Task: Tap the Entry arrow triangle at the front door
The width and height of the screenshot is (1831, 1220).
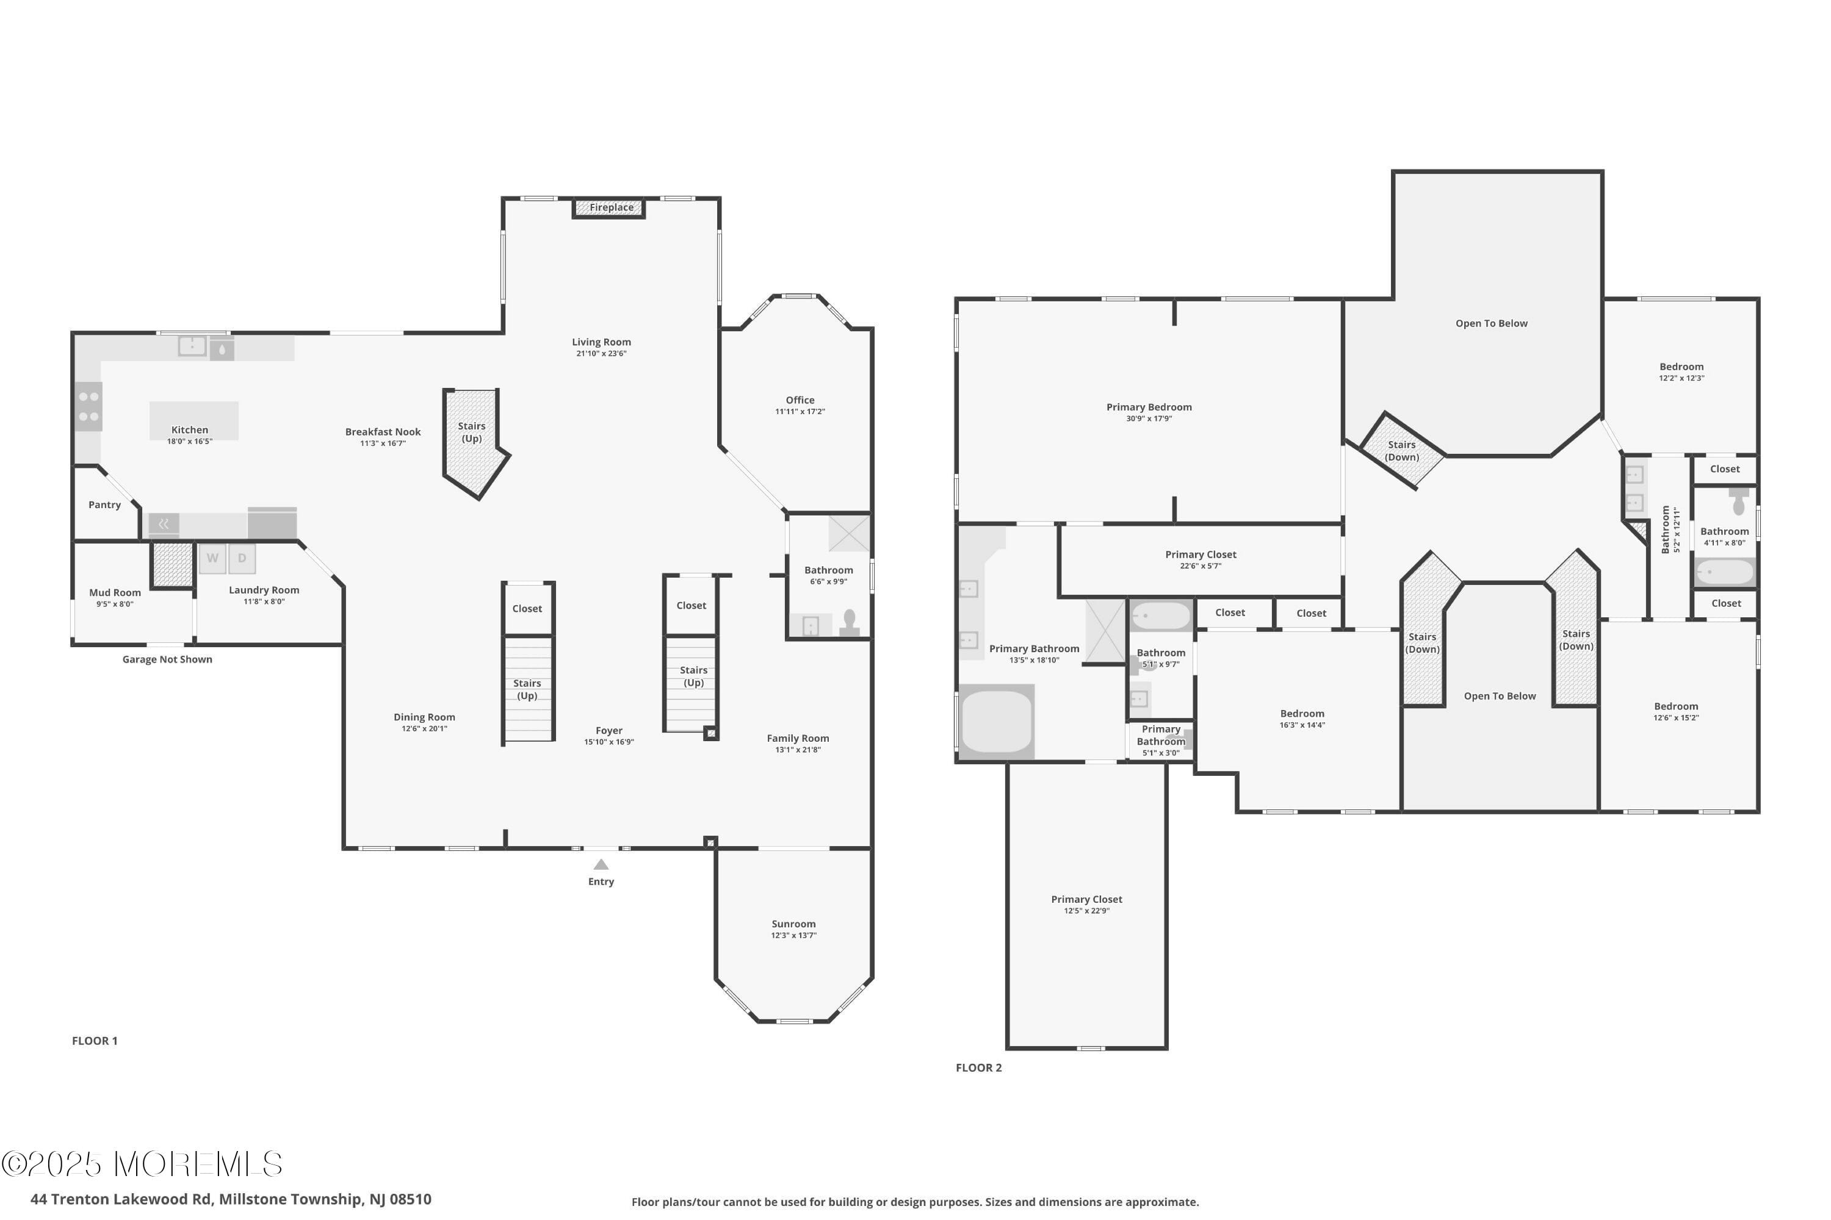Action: (601, 864)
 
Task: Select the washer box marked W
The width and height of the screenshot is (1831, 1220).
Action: (212, 559)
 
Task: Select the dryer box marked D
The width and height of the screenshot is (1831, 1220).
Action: (242, 559)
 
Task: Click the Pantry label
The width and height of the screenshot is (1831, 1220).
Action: (104, 505)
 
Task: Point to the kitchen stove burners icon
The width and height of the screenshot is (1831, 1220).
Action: (88, 407)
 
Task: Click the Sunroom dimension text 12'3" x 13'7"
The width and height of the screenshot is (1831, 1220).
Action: (793, 935)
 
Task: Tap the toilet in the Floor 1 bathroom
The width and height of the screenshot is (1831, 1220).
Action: (850, 622)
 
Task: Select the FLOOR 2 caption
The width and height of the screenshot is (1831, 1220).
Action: (978, 1067)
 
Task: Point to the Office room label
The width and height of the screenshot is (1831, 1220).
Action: (800, 401)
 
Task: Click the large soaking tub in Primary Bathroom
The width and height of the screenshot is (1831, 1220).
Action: (997, 722)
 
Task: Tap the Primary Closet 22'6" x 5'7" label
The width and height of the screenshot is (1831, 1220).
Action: (1201, 559)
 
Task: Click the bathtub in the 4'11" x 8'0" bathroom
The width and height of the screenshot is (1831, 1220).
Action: (1725, 573)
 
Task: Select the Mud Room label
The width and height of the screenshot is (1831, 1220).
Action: (115, 593)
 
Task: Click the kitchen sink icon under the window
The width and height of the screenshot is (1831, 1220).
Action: (192, 346)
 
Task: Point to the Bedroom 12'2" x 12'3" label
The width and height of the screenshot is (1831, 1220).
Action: (1681, 371)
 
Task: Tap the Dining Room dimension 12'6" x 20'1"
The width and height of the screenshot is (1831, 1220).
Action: (424, 729)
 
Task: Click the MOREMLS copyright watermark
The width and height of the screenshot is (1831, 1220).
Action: (142, 1164)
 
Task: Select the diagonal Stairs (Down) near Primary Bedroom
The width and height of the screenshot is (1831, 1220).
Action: (1401, 451)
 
